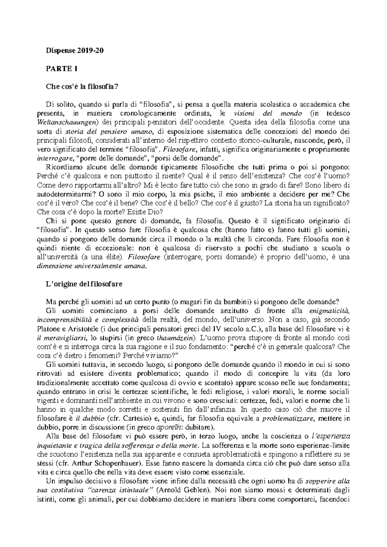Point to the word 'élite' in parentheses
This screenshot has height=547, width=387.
tap(114, 257)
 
